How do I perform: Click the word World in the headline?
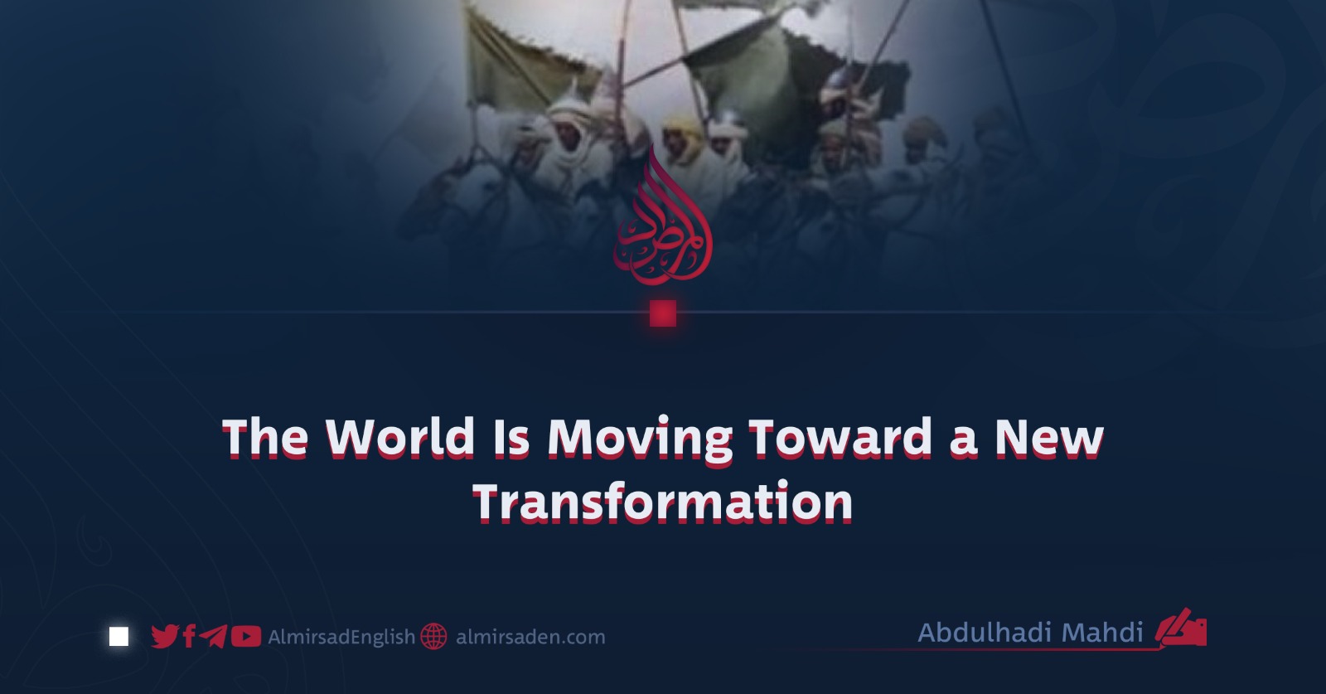tap(399, 438)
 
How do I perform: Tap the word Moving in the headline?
tap(641, 439)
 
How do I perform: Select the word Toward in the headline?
tap(840, 438)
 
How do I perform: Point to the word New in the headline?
tap(1049, 438)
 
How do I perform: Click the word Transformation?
tap(662, 502)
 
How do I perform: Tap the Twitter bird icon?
tap(165, 637)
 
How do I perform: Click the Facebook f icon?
tap(189, 637)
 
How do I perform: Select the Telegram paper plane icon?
tap(213, 637)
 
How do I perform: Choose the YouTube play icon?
tap(245, 637)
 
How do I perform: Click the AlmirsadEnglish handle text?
tap(341, 637)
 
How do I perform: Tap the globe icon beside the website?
tap(434, 637)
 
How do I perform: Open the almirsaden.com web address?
tap(530, 637)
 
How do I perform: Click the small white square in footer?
tap(119, 637)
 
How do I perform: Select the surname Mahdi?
tap(1101, 633)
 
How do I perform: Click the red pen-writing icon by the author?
tap(1182, 628)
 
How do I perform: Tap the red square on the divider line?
tap(663, 313)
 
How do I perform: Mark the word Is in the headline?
tap(511, 438)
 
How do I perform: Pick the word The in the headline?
tap(265, 438)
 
